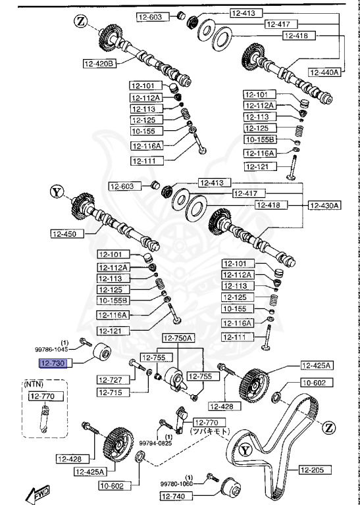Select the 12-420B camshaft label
coord(99,63)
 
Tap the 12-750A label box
coord(178,338)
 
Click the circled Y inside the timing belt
coord(245,450)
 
